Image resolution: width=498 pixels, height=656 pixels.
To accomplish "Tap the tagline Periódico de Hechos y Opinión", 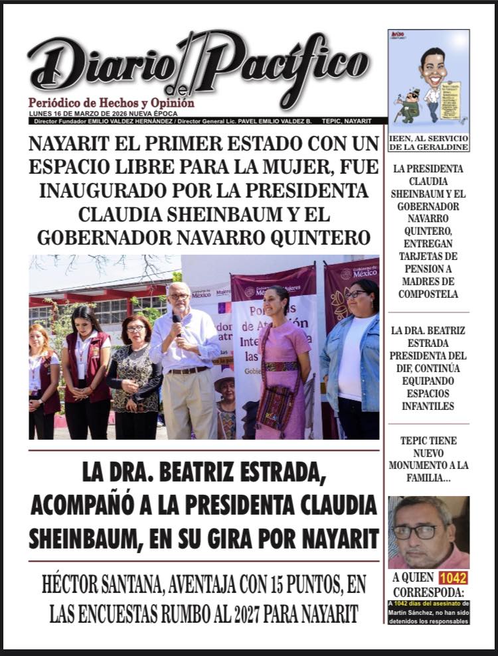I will pyautogui.click(x=112, y=103).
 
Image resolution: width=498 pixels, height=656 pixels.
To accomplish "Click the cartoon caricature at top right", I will pyautogui.click(x=428, y=83).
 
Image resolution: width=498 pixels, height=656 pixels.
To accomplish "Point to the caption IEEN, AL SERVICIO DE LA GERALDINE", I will pyautogui.click(x=428, y=142).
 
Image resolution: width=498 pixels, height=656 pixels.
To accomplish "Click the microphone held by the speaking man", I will pyautogui.click(x=177, y=322).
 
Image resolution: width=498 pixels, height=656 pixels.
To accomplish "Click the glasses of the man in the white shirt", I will pyautogui.click(x=178, y=296).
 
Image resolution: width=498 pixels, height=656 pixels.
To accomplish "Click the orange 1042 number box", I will pyautogui.click(x=453, y=578).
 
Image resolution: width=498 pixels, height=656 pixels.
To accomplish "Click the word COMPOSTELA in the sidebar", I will pyautogui.click(x=428, y=294).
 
